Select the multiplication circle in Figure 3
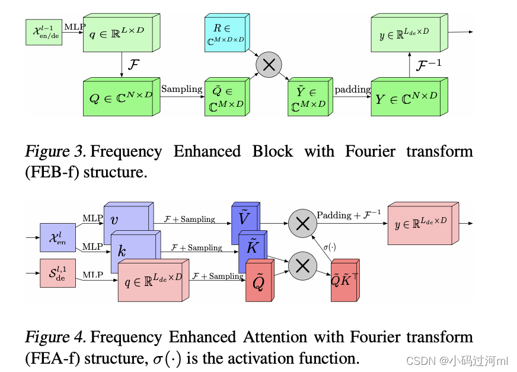click(x=269, y=65)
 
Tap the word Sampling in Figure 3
click(x=181, y=89)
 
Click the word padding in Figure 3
click(x=352, y=90)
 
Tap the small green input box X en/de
click(x=43, y=32)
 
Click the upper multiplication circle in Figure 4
click(x=303, y=224)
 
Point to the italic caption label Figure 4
click(x=56, y=338)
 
